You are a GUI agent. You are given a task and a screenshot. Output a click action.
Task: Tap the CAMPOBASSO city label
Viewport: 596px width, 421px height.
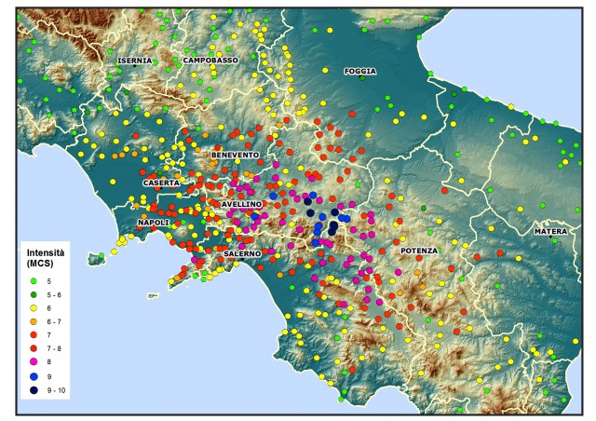point(211,60)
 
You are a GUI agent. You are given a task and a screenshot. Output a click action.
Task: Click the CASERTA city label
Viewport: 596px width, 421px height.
point(160,183)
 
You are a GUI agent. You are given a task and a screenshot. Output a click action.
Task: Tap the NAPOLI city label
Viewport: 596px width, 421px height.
point(153,224)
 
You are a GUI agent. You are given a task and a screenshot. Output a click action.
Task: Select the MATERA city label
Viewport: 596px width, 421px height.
point(549,231)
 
